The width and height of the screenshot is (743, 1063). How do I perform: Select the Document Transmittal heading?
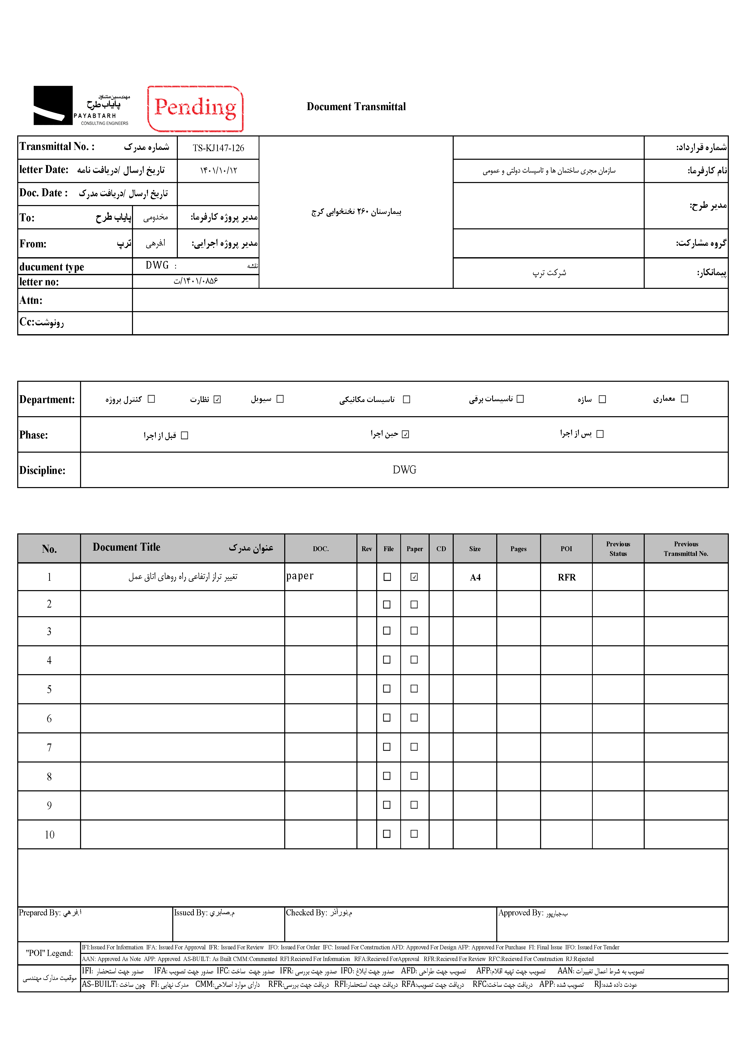356,107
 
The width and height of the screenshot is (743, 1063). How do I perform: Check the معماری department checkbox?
684,399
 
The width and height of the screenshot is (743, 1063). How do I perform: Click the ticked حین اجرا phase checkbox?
405,434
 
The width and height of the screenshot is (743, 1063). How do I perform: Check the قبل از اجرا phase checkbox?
184,435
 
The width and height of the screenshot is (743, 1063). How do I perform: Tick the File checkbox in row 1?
387,577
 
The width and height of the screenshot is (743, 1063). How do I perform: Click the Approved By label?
520,913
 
